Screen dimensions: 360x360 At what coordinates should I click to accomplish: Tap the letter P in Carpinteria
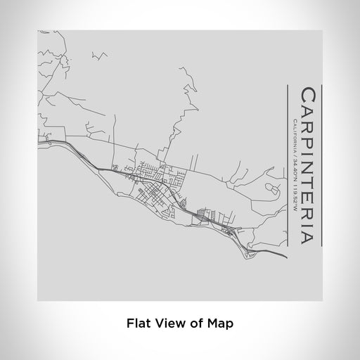[x=308, y=138]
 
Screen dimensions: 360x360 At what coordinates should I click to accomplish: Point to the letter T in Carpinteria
[x=308, y=181]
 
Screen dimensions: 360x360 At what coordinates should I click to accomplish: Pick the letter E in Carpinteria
[x=308, y=195]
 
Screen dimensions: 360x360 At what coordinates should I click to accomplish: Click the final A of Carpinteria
[x=308, y=236]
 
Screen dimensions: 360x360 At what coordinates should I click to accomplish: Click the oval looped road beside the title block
[x=271, y=186]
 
